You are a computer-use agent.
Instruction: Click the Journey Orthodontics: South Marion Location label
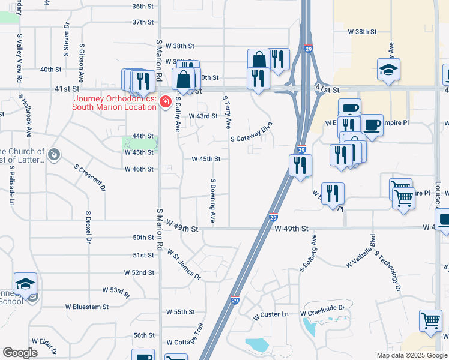[115, 103]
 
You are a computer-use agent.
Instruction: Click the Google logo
[20, 353]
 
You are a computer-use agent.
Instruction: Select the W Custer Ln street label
[271, 314]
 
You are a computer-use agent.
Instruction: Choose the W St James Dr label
[184, 265]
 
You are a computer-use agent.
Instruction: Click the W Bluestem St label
[87, 307]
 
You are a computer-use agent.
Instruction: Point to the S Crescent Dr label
[90, 178]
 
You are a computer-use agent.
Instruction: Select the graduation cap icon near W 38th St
[388, 69]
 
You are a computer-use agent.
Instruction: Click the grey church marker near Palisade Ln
[54, 155]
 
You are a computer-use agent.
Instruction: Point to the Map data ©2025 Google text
[411, 355]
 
